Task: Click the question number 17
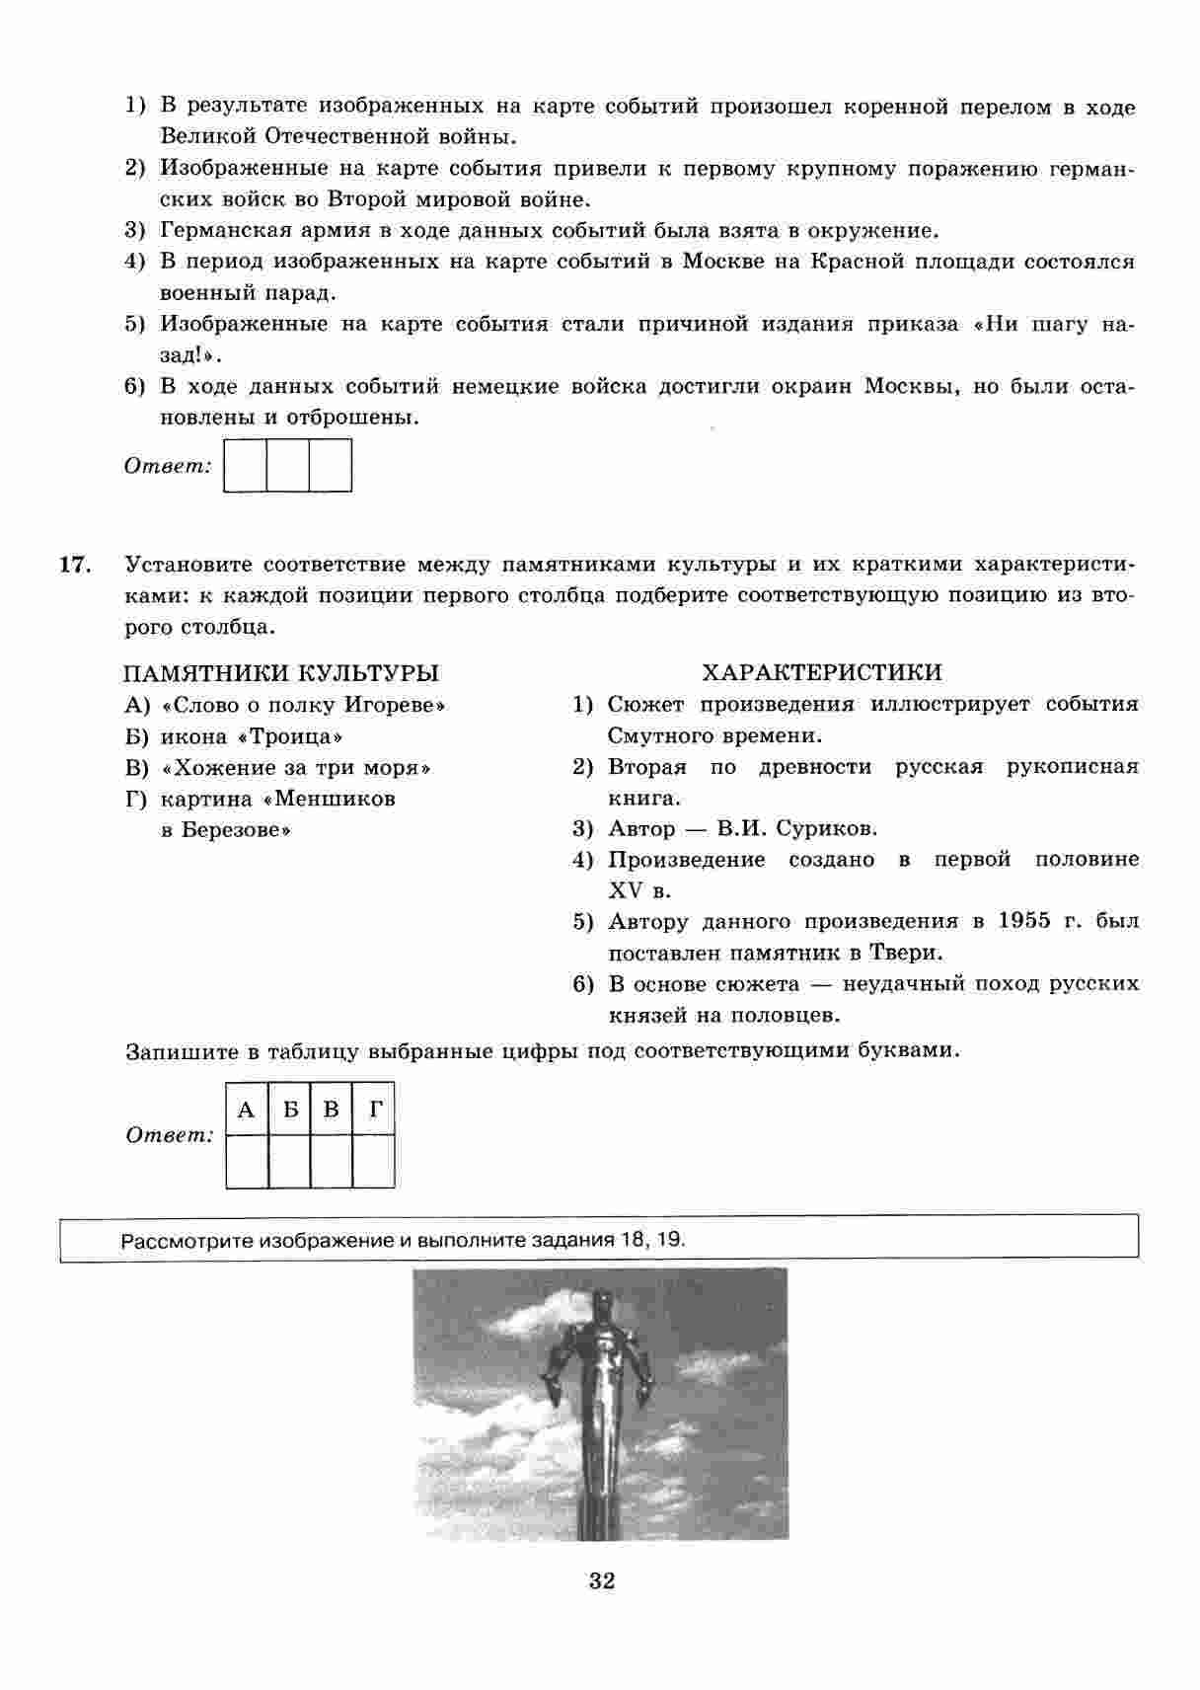pos(75,566)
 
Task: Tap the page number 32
pos(602,1580)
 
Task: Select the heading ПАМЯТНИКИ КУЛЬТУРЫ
pos(281,673)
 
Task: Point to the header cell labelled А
pos(247,1110)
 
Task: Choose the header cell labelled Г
pos(375,1110)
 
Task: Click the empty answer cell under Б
pos(289,1161)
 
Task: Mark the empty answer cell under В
pos(332,1161)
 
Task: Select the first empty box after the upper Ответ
pos(246,465)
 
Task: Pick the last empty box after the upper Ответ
pos(331,465)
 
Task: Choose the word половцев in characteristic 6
pos(794,1015)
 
